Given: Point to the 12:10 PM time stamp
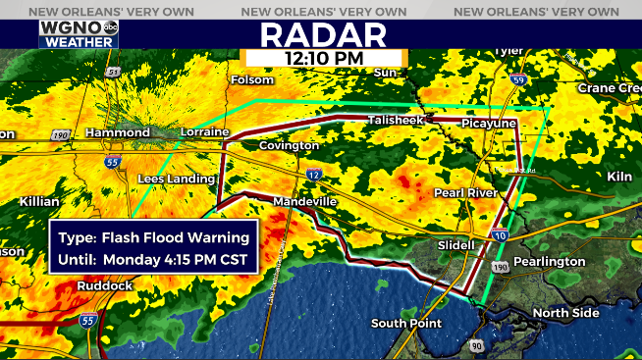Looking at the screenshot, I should click(x=324, y=59).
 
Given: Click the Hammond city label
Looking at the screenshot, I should click(x=117, y=131).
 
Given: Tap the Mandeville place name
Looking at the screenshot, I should click(x=304, y=201).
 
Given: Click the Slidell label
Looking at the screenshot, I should click(x=456, y=244).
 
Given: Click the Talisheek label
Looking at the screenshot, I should click(x=394, y=120).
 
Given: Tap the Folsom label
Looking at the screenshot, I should click(x=251, y=79).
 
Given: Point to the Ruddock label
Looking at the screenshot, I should click(x=104, y=285).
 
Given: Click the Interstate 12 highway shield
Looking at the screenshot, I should click(x=313, y=174).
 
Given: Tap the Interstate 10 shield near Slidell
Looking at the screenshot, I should click(x=500, y=234).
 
